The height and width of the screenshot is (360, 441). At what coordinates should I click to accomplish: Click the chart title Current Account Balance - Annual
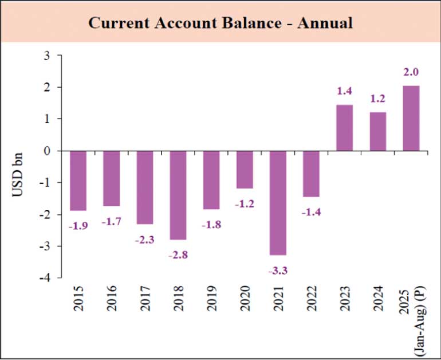click(220, 23)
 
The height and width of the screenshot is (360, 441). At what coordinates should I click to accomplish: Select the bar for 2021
click(278, 203)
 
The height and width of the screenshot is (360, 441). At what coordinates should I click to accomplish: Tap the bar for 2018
click(178, 195)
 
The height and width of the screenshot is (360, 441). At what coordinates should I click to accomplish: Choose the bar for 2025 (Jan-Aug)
click(411, 118)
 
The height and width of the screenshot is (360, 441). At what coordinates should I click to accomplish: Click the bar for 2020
click(245, 170)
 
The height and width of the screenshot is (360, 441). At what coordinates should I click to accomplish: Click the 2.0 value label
click(411, 72)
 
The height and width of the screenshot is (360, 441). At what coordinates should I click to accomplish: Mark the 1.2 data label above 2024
click(377, 99)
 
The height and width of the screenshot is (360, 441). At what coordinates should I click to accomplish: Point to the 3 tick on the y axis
click(48, 56)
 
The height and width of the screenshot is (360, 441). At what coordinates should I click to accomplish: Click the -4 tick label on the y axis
click(45, 277)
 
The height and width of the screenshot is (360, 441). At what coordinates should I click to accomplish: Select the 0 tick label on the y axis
click(48, 151)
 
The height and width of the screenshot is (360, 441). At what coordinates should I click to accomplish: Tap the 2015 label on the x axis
click(79, 299)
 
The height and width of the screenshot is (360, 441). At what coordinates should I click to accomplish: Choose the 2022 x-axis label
click(312, 299)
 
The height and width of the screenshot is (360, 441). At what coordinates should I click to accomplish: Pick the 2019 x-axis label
click(212, 299)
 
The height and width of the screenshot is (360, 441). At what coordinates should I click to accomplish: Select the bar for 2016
click(112, 178)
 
